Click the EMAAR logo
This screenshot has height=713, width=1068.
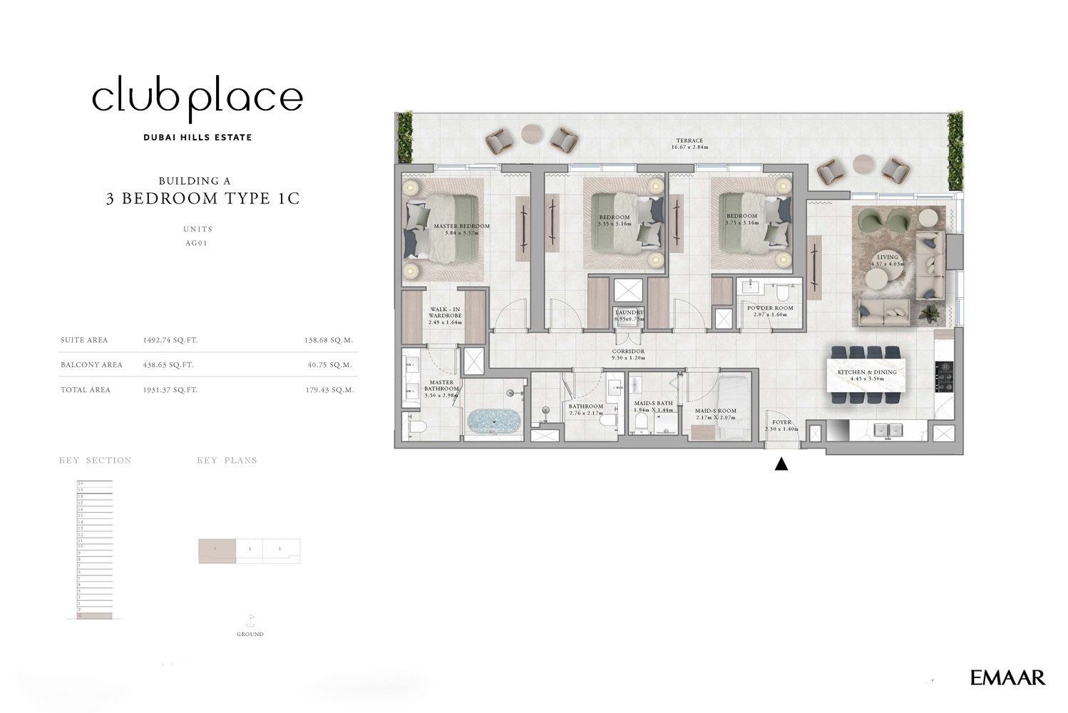click(1007, 677)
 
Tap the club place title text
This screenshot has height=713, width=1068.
click(197, 98)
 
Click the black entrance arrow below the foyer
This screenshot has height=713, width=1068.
click(781, 464)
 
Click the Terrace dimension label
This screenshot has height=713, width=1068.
click(689, 144)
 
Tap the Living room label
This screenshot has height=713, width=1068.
click(888, 260)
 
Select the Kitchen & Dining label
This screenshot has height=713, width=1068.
click(867, 375)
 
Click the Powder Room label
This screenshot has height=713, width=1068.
click(770, 311)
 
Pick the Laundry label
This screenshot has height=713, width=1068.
click(629, 315)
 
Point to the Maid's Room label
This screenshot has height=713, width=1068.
click(716, 414)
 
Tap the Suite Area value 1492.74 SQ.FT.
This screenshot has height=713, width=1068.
click(170, 341)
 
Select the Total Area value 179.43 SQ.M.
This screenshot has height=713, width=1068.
click(329, 390)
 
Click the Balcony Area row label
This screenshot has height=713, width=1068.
click(91, 365)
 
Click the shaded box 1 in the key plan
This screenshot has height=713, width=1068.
click(217, 550)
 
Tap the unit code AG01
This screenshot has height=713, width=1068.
click(196, 243)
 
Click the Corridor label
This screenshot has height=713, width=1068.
click(628, 354)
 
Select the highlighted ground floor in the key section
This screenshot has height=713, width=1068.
click(94, 615)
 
